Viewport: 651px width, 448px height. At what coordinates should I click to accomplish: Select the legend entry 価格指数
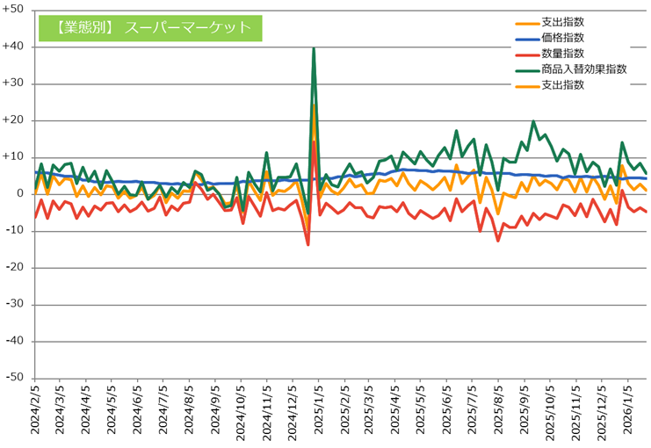[x=563, y=38]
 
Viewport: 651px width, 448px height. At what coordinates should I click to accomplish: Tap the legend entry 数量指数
[x=563, y=54]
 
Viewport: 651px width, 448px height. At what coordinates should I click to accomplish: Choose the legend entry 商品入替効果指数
[x=584, y=69]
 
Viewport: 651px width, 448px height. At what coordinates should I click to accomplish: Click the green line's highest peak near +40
[x=314, y=49]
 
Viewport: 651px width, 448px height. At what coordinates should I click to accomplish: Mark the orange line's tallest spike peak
[x=314, y=105]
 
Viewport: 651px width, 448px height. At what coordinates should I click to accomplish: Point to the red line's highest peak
[x=314, y=141]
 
